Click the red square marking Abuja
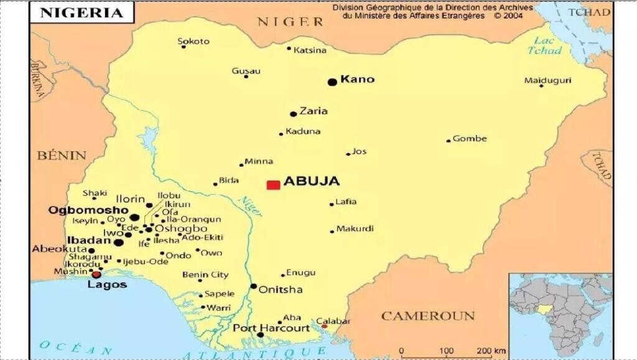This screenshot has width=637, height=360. [273, 185]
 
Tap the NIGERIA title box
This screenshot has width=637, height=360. [81, 12]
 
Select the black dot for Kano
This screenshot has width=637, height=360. [332, 82]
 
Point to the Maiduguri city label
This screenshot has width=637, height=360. [547, 80]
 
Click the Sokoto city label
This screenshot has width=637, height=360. [193, 42]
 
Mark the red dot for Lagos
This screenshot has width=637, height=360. [96, 274]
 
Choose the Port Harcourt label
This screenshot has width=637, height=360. [271, 328]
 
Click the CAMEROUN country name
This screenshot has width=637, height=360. [428, 316]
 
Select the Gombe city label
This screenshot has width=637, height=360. [470, 139]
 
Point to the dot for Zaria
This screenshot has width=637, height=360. [293, 114]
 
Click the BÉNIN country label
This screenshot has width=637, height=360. [61, 155]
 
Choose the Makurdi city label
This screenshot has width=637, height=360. [355, 229]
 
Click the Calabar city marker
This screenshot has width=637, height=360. [324, 326]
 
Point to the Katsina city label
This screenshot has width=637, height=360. [310, 50]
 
